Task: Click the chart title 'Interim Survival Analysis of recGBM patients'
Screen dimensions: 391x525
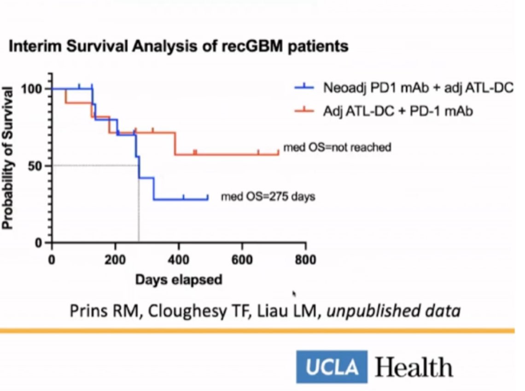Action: (x=179, y=47)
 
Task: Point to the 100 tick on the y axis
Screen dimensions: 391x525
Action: (x=36, y=89)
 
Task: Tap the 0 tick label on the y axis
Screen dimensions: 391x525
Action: (x=42, y=243)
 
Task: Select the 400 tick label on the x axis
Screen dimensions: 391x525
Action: (x=179, y=260)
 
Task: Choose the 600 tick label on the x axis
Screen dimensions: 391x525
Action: (x=242, y=260)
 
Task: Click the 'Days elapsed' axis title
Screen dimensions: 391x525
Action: (x=179, y=279)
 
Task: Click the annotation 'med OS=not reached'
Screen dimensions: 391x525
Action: (x=337, y=148)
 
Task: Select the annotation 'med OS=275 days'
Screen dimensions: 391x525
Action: (x=268, y=197)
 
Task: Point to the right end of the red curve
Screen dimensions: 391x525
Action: (x=278, y=153)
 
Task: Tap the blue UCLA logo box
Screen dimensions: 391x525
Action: (x=332, y=367)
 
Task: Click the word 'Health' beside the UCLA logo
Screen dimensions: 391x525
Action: (x=414, y=367)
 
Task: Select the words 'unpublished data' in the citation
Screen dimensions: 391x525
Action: (x=394, y=311)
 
